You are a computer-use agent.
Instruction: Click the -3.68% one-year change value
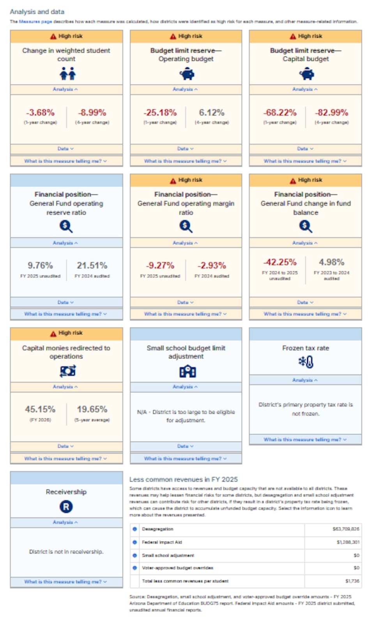tap(40, 113)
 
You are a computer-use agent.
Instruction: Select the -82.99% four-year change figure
tap(332, 113)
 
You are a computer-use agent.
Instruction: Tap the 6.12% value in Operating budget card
tap(212, 113)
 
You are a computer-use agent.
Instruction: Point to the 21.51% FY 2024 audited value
tap(92, 266)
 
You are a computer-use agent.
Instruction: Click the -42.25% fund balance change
tap(280, 262)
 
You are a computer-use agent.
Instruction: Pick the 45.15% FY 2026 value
tap(40, 409)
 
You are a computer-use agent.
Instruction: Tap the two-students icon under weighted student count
tap(67, 73)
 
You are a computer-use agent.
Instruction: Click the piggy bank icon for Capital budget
tap(306, 74)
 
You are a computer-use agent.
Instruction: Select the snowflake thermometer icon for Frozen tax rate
tap(306, 362)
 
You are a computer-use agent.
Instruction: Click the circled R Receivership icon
tap(66, 506)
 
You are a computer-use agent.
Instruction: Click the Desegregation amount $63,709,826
tap(346, 529)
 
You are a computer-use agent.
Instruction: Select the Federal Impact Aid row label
tap(162, 542)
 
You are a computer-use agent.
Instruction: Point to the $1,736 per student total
tap(352, 581)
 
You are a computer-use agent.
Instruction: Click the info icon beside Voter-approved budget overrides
tap(135, 568)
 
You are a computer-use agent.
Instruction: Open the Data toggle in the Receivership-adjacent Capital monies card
tap(65, 446)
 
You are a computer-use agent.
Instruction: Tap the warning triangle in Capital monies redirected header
tap(53, 334)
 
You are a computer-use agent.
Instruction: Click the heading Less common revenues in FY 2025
tap(183, 479)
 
